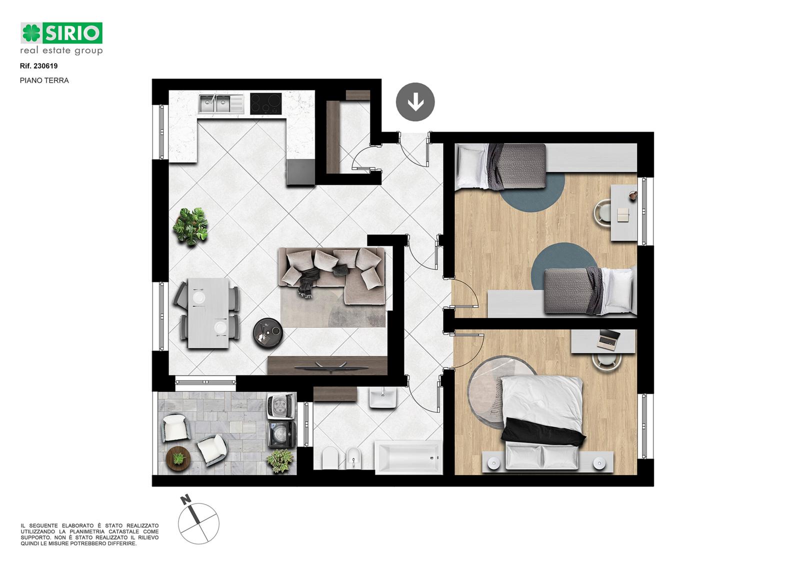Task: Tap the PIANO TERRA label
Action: [x=44, y=80]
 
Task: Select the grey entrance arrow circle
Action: [x=415, y=102]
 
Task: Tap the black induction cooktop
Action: [x=265, y=104]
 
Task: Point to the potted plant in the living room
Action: [x=190, y=226]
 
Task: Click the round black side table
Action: [x=268, y=333]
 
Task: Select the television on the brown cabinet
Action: [x=331, y=367]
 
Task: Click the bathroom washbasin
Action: [x=382, y=398]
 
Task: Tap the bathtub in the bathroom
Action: [x=408, y=457]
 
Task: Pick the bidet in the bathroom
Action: [x=353, y=458]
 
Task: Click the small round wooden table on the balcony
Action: [x=178, y=458]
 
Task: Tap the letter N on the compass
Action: [x=185, y=500]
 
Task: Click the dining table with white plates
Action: [x=208, y=313]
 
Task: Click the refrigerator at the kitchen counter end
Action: [x=300, y=172]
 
